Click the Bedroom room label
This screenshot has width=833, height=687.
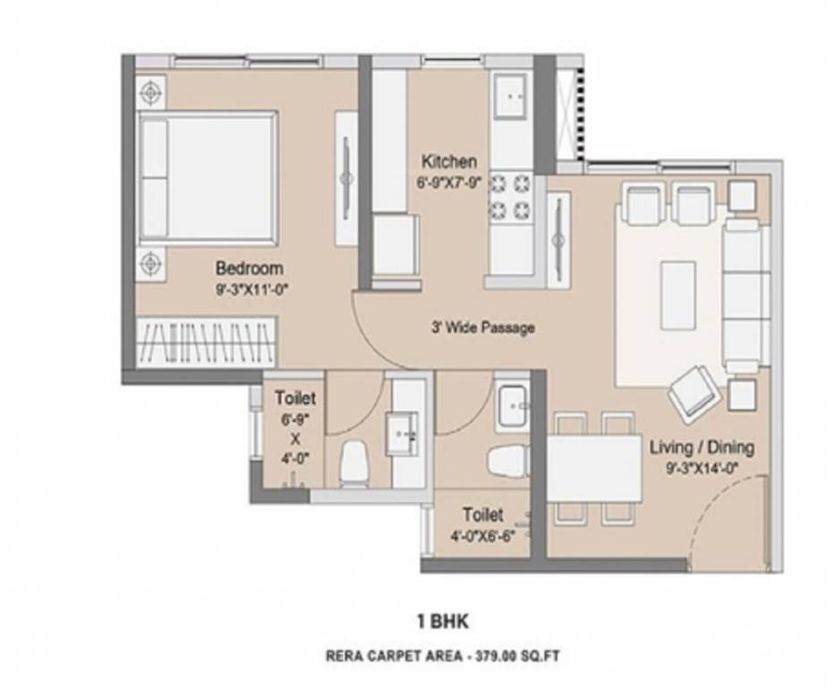click(249, 268)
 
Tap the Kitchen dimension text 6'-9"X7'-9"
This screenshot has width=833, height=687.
click(449, 182)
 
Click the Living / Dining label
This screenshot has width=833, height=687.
click(701, 447)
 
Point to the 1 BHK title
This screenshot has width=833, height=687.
click(444, 619)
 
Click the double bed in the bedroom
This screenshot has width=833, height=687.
click(208, 177)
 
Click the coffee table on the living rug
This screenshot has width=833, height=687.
click(677, 295)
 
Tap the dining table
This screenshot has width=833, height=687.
click(593, 468)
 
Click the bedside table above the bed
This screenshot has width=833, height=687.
click(151, 91)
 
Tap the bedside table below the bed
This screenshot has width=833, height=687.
click(151, 263)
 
